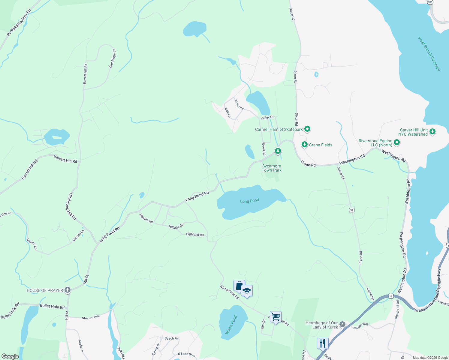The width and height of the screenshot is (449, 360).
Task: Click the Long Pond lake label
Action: (249, 201)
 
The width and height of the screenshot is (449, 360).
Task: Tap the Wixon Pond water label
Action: (231, 325)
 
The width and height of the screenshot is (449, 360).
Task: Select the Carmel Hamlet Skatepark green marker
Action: (307, 129)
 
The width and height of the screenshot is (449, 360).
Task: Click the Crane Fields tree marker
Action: (305, 145)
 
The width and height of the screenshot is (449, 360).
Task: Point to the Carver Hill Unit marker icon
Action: (432, 132)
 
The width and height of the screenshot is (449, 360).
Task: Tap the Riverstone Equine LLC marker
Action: (397, 142)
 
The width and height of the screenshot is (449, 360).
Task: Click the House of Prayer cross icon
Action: (67, 290)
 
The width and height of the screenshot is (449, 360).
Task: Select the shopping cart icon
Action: (276, 316)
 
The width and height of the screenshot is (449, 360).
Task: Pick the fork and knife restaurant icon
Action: (323, 343)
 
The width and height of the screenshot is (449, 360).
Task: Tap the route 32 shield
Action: (352, 210)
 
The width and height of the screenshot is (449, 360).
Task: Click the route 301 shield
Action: (430, 2)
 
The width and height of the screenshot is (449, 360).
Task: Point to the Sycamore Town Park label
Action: (272, 168)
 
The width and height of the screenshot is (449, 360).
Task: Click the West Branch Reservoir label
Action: (429, 54)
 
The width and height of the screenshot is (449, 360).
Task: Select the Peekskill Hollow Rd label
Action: (19, 23)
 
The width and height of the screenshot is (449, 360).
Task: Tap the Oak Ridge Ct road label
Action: (113, 58)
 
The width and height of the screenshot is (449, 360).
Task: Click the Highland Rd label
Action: (195, 234)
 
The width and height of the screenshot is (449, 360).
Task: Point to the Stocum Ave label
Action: (91, 317)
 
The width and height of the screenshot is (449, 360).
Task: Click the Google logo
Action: (10, 356)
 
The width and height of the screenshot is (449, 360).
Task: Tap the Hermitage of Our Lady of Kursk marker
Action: (342, 325)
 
